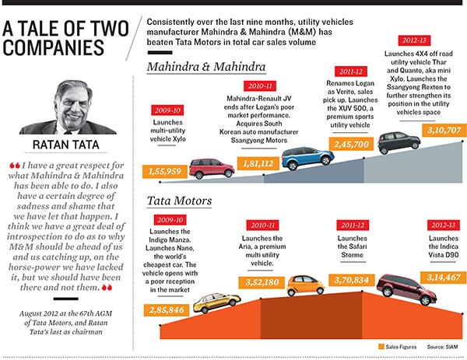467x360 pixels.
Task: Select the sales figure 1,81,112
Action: [x=258, y=163]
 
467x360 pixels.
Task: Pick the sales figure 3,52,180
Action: [x=258, y=282]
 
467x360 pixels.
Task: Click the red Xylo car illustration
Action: [x=212, y=167]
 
